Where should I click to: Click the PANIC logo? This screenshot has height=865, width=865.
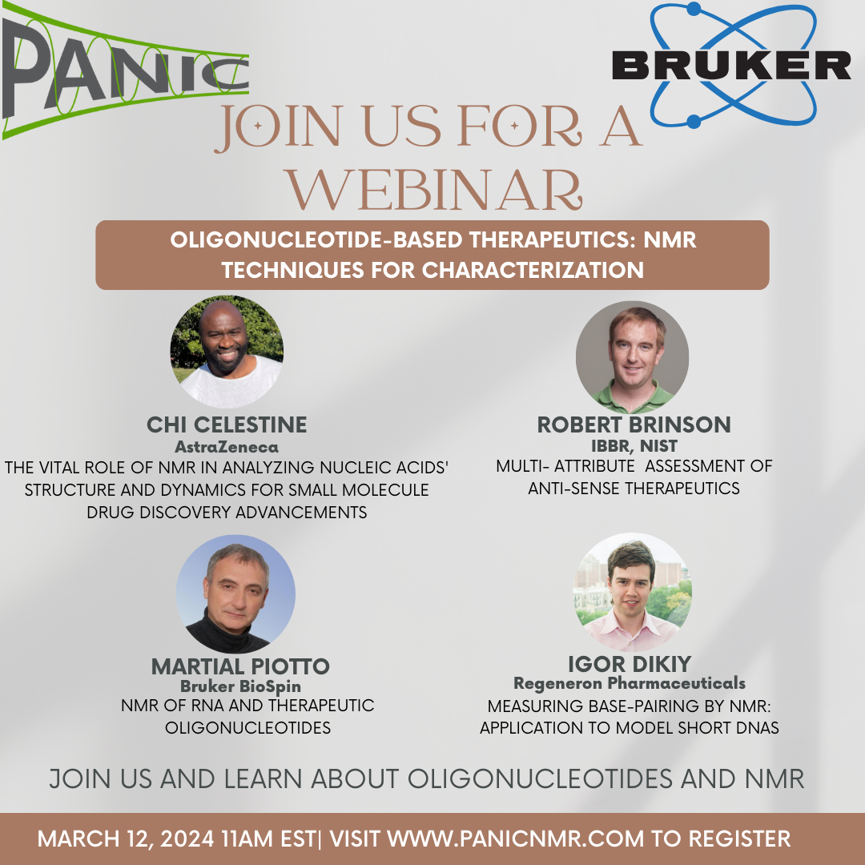click(125, 70)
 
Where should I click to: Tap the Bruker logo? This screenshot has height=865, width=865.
click(731, 65)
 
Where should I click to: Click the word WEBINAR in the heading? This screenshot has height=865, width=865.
click(435, 189)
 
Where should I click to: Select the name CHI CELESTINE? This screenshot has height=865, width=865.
click(227, 424)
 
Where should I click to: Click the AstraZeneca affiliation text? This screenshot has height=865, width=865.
click(227, 447)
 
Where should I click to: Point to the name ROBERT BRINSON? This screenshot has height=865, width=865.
click(634, 424)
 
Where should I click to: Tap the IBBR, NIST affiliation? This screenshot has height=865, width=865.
click(634, 446)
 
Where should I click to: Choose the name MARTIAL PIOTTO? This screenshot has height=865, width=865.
click(240, 666)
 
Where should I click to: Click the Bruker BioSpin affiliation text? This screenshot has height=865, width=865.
click(240, 686)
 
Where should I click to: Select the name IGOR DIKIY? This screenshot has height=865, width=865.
click(630, 664)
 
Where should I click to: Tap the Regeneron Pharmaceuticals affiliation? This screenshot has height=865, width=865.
click(630, 683)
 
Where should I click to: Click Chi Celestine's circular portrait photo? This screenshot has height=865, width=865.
click(227, 352)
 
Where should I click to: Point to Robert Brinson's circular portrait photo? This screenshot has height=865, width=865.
click(632, 357)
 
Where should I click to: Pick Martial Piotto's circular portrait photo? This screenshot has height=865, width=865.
click(235, 594)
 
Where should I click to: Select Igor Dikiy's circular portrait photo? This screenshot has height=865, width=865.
click(632, 592)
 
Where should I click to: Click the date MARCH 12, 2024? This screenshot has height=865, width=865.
click(126, 839)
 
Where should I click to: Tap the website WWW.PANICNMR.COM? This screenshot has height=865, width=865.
click(516, 839)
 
